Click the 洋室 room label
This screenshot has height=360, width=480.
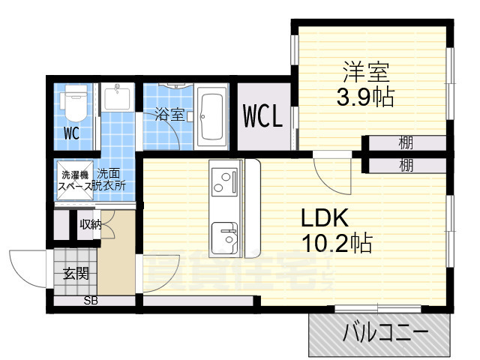(x=367, y=73)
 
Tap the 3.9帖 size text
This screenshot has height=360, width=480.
(x=365, y=97)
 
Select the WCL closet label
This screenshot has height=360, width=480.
(x=262, y=117)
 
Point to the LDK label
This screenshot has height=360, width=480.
(x=325, y=218)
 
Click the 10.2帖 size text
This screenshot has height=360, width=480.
(x=337, y=243)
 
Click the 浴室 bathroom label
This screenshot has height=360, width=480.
(x=169, y=115)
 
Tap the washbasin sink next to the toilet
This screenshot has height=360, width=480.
(x=117, y=98)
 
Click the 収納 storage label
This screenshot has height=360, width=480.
(x=90, y=223)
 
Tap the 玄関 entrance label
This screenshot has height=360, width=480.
(x=75, y=273)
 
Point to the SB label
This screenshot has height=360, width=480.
(x=90, y=301)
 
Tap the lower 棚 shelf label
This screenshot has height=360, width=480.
(x=406, y=164)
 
